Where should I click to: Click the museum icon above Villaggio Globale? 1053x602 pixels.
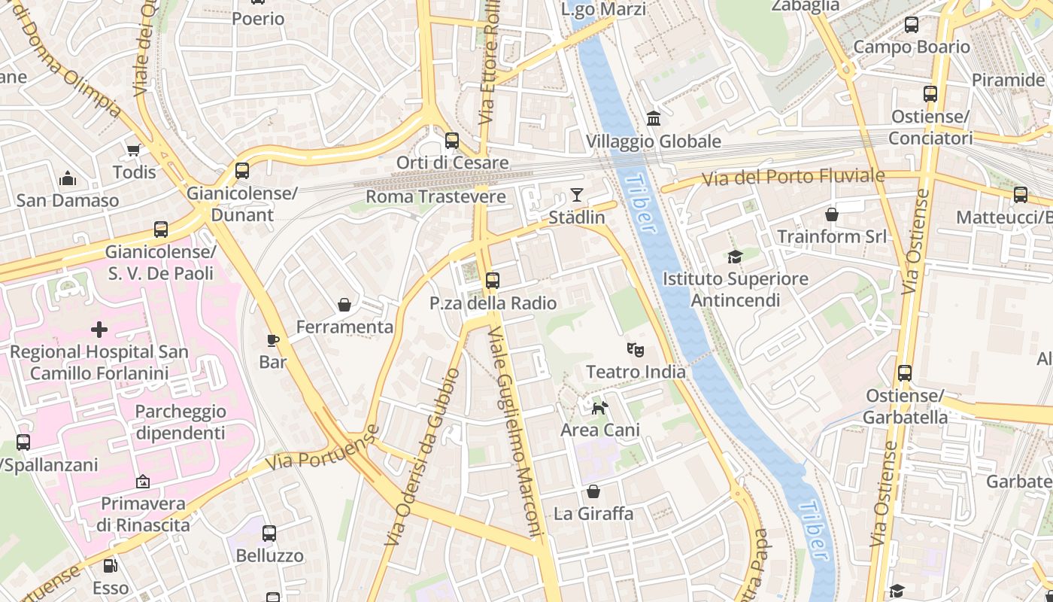pyautogui.click(x=653, y=119)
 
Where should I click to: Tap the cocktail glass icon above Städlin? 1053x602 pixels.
pyautogui.click(x=576, y=196)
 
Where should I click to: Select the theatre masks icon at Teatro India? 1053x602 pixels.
pyautogui.click(x=636, y=349)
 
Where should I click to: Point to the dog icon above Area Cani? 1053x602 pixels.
pyautogui.click(x=599, y=408)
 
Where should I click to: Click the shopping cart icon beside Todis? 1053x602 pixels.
pyautogui.click(x=134, y=150)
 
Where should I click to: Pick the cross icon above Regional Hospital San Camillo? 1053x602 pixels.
pyautogui.click(x=99, y=330)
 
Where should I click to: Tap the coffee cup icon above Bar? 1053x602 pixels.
pyautogui.click(x=273, y=340)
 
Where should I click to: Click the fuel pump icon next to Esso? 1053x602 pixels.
pyautogui.click(x=110, y=565)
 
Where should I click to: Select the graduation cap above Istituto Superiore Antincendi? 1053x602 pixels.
pyautogui.click(x=735, y=257)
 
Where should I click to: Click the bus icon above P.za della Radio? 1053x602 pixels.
pyautogui.click(x=493, y=281)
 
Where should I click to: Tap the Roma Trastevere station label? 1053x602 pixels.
pyautogui.click(x=435, y=196)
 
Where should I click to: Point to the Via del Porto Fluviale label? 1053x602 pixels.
pyautogui.click(x=794, y=177)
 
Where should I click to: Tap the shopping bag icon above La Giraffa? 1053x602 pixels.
pyautogui.click(x=593, y=491)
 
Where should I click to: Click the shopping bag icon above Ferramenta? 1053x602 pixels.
pyautogui.click(x=344, y=305)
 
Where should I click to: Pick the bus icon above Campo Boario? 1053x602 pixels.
pyautogui.click(x=912, y=25)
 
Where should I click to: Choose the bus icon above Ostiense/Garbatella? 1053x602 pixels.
pyautogui.click(x=905, y=373)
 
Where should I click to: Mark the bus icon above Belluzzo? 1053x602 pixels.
pyautogui.click(x=269, y=534)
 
